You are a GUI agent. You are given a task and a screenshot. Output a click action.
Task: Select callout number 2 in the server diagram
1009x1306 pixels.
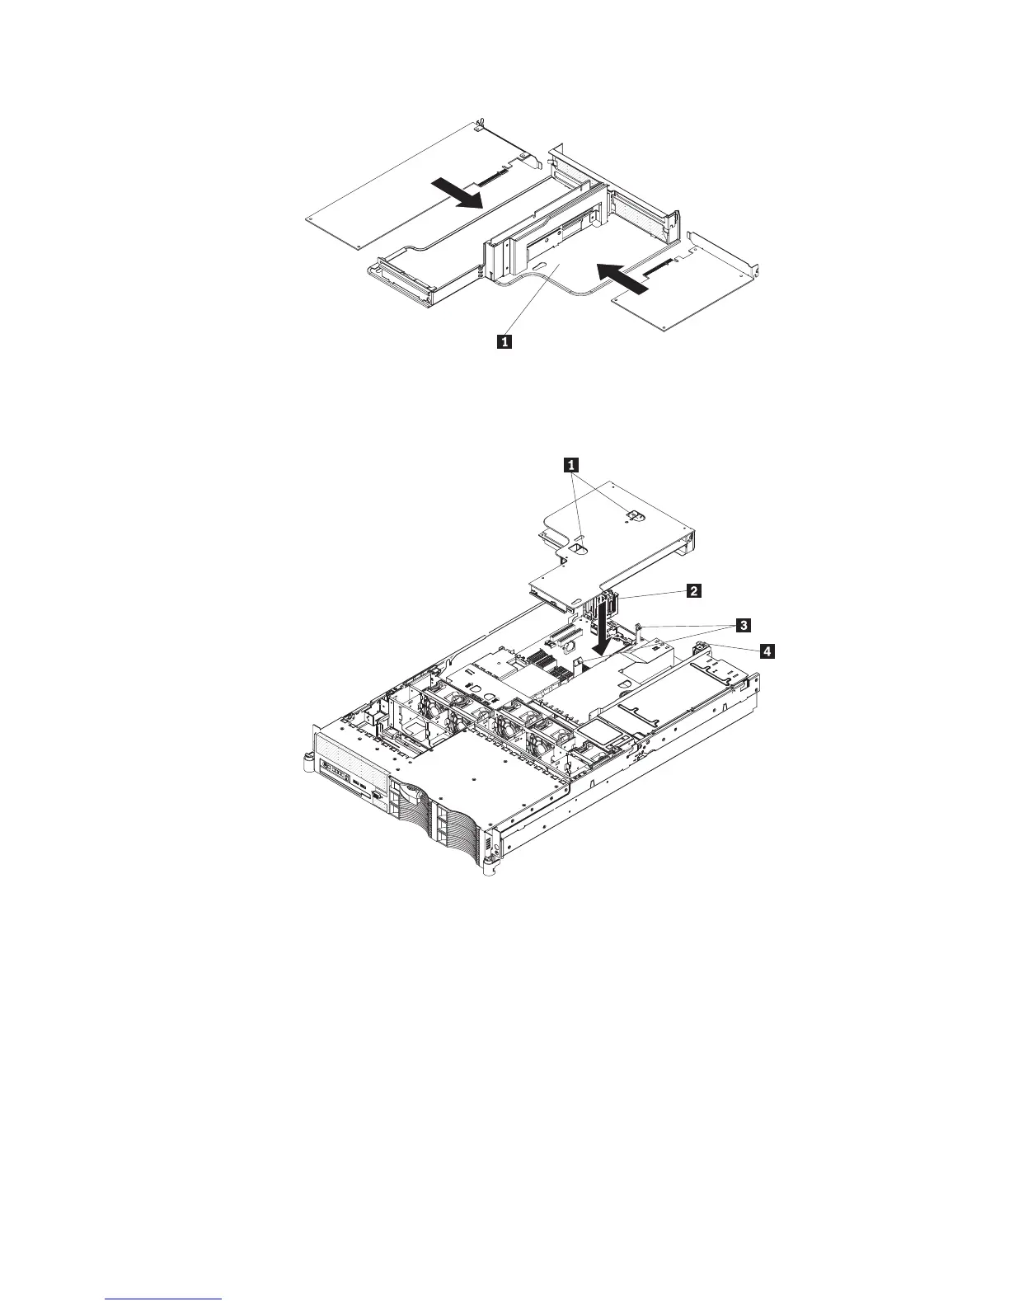tap(695, 590)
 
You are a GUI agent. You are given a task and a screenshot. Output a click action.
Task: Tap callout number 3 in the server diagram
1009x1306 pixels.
tap(743, 626)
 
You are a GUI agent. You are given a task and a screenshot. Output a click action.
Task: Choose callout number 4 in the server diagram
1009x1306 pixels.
tap(767, 652)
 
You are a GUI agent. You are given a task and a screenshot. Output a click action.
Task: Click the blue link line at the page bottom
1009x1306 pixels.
tap(164, 1299)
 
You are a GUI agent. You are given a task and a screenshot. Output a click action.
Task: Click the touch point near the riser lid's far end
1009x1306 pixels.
tap(632, 515)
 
